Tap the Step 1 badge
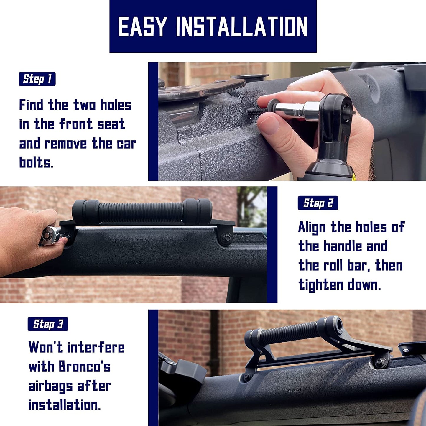pos(37,79)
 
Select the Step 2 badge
pos(318,203)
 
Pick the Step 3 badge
pos(48,324)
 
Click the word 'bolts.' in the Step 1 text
pos(36,162)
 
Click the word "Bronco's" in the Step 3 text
pos(84,366)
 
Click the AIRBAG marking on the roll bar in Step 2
pos(133,263)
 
